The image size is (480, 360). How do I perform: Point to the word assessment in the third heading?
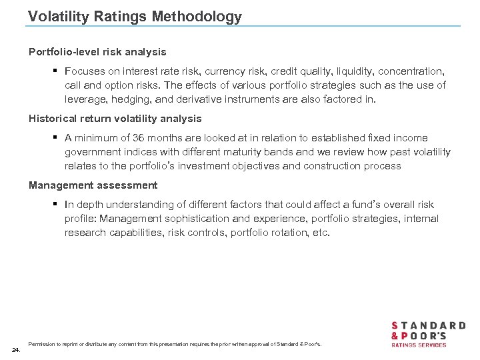[126, 185]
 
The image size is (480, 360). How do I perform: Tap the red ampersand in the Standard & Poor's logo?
[396, 335]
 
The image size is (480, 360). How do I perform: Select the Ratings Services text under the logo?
[418, 345]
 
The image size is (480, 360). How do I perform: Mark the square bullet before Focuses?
[57, 71]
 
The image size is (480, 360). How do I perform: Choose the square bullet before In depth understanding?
[57, 205]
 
